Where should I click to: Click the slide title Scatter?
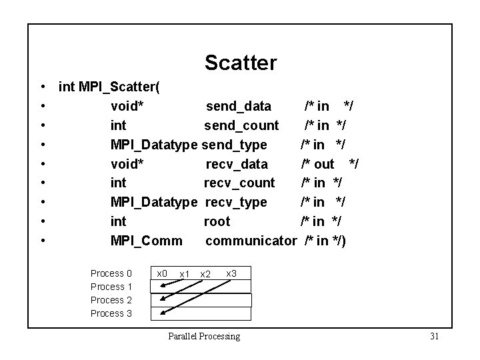240,63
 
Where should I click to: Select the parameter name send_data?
238,106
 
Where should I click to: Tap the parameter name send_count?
241,125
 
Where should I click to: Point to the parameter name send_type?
234,145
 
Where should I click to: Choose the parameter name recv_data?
236,164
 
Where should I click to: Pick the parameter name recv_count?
239,183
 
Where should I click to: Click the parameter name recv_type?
236,202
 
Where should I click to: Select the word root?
217,221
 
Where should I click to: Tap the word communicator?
250,241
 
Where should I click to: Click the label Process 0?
111,273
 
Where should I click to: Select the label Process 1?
111,287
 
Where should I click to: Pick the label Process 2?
111,300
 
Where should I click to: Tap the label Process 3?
111,313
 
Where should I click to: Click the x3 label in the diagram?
231,273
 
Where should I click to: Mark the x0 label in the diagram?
161,273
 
